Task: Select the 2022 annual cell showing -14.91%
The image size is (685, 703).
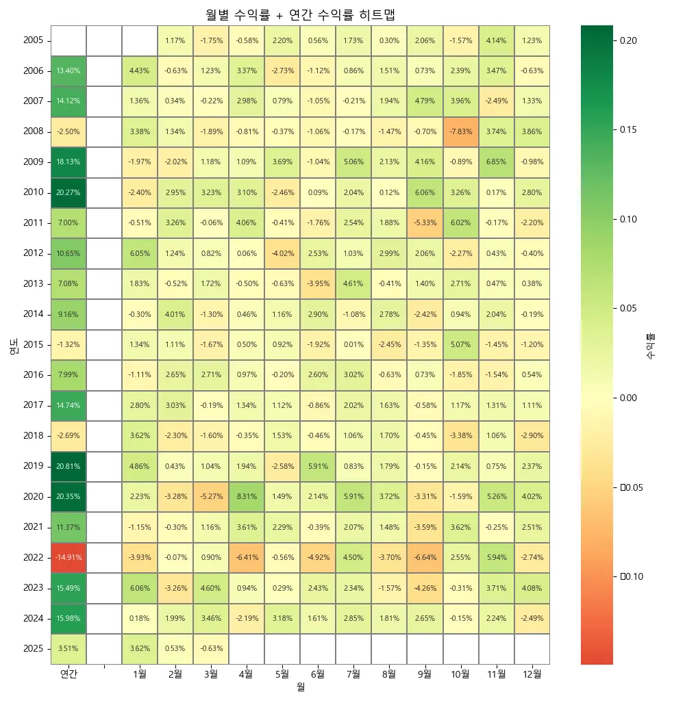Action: pyautogui.click(x=68, y=557)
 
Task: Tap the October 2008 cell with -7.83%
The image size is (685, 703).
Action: pyautogui.click(x=460, y=131)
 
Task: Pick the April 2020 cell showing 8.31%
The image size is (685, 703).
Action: pyautogui.click(x=247, y=496)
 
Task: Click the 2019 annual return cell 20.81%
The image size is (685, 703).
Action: pyautogui.click(x=68, y=466)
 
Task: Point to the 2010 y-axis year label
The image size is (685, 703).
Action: pyautogui.click(x=33, y=192)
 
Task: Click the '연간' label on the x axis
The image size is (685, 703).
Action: pyautogui.click(x=68, y=674)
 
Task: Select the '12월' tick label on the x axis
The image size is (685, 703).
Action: pyautogui.click(x=532, y=674)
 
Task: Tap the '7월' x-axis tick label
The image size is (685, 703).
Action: pyautogui.click(x=353, y=674)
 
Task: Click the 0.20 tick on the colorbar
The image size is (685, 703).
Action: pyautogui.click(x=629, y=40)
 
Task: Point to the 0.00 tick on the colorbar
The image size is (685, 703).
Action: pyautogui.click(x=629, y=398)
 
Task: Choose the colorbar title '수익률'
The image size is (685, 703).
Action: pyautogui.click(x=651, y=346)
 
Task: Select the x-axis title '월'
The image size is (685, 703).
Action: pyautogui.click(x=300, y=687)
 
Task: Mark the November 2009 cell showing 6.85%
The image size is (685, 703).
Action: pyautogui.click(x=496, y=162)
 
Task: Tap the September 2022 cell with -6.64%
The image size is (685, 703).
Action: pyautogui.click(x=425, y=557)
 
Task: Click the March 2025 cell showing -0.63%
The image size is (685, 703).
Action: pyautogui.click(x=211, y=648)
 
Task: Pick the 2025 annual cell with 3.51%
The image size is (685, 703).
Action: pyautogui.click(x=68, y=648)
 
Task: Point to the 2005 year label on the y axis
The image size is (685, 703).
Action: pyautogui.click(x=33, y=40)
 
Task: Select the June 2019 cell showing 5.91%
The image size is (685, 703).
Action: pyautogui.click(x=318, y=466)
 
